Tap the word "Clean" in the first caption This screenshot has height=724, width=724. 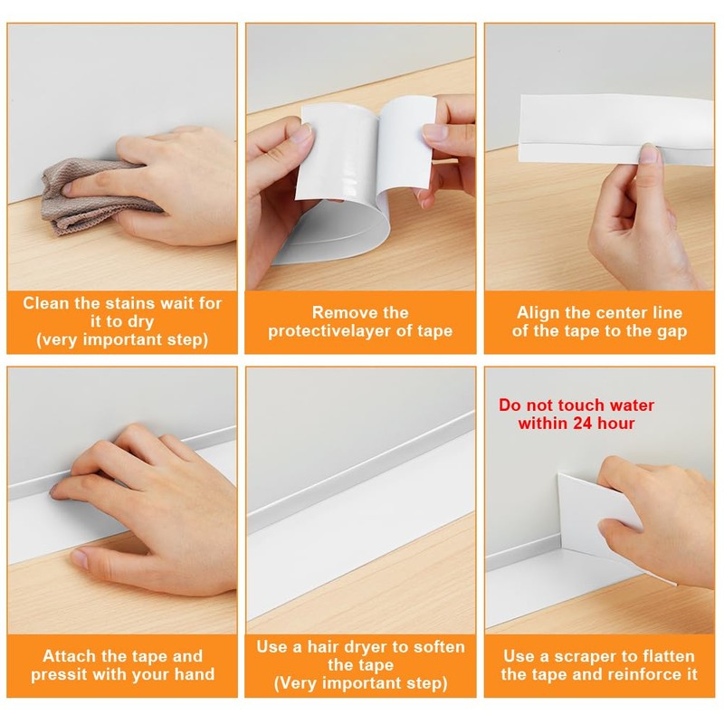click(47, 303)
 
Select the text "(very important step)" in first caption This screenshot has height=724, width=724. click(122, 340)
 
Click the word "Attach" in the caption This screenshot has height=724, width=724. click(68, 655)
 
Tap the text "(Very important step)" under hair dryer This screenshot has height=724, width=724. click(360, 682)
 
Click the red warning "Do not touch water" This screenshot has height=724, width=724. click(576, 405)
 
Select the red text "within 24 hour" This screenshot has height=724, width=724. click(576, 424)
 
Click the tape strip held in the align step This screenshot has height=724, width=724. click(579, 136)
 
